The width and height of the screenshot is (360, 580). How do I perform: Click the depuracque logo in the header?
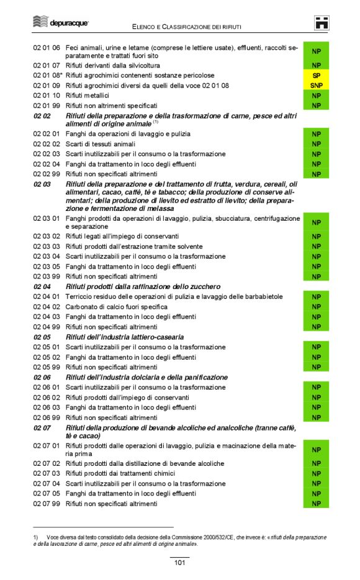click(60, 22)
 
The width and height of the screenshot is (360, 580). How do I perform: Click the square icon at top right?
click(321, 23)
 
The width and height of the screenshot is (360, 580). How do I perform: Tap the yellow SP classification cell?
click(316, 75)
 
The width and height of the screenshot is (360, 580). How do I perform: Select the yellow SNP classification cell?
click(316, 86)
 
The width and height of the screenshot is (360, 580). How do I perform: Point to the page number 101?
click(179, 563)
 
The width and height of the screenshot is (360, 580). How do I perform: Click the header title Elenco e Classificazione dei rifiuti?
click(186, 27)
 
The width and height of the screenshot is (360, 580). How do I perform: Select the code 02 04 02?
click(47, 306)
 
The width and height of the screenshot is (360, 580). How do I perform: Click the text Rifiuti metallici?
click(87, 96)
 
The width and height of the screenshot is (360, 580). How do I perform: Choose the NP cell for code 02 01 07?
click(316, 65)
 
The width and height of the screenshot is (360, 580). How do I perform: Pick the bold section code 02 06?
click(42, 377)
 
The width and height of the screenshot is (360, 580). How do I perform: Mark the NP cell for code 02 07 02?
click(316, 463)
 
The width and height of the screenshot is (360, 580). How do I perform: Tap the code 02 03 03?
click(47, 246)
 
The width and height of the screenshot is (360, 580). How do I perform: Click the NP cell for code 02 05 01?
click(316, 347)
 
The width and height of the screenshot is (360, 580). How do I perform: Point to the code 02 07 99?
click(47, 504)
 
